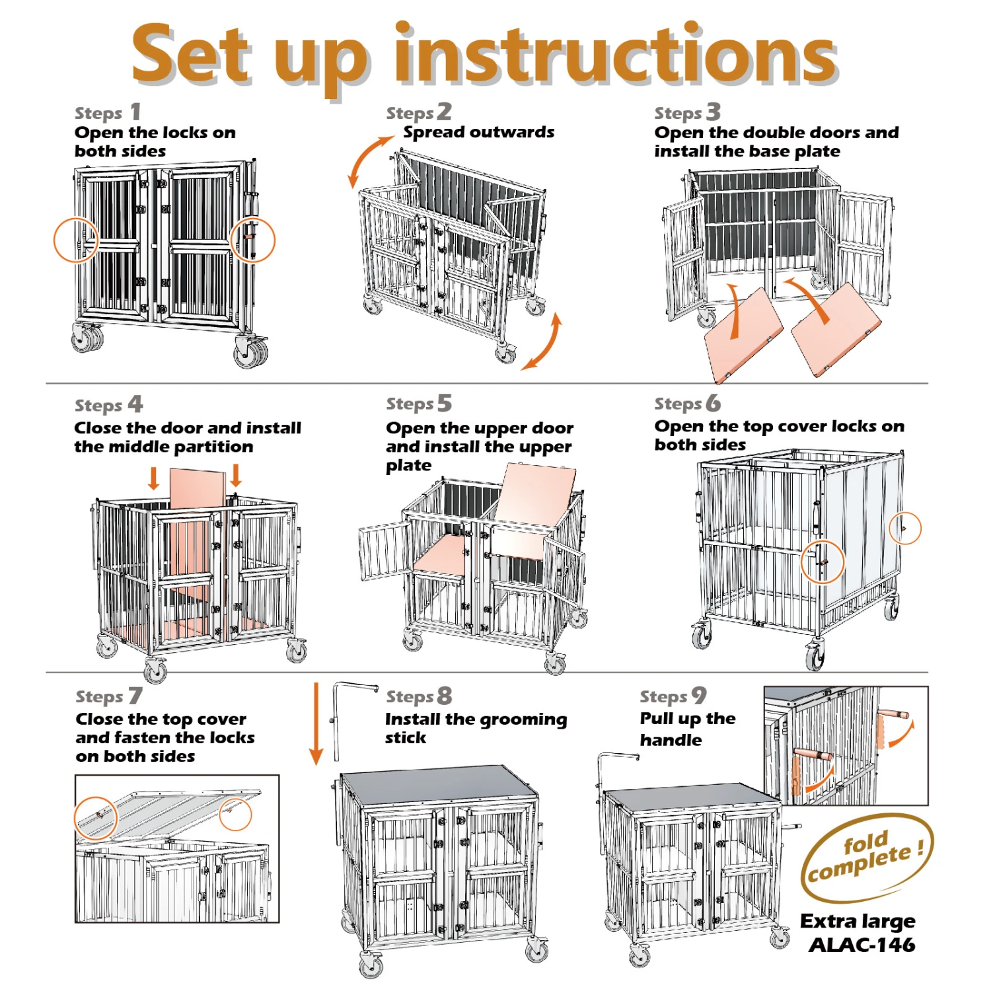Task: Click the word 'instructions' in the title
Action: click(616, 54)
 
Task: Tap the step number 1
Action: click(135, 112)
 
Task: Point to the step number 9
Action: click(699, 695)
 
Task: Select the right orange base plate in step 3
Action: click(836, 330)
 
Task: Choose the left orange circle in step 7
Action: click(75, 818)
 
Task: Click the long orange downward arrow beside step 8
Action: click(316, 723)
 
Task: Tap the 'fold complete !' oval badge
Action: click(867, 858)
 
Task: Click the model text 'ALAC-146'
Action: click(862, 945)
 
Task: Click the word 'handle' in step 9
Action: click(671, 740)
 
